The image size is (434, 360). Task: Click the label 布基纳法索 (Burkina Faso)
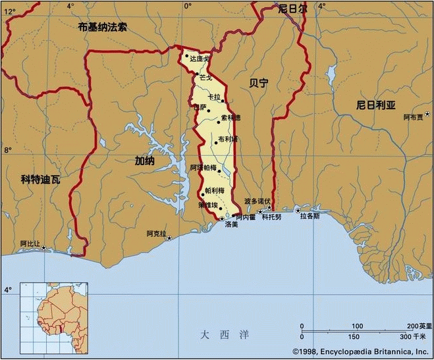[102, 27]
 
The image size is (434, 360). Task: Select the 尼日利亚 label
[375, 105]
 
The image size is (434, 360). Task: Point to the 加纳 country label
[145, 160]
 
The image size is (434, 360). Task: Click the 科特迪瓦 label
[40, 178]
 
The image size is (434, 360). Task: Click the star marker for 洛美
[222, 219]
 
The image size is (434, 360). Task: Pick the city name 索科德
[231, 118]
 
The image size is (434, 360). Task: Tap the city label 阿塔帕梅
[203, 168]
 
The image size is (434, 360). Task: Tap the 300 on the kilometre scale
[414, 337]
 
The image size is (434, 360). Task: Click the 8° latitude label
[8, 150]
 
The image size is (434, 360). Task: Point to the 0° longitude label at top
[188, 6]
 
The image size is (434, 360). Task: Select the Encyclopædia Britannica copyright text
[360, 351]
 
